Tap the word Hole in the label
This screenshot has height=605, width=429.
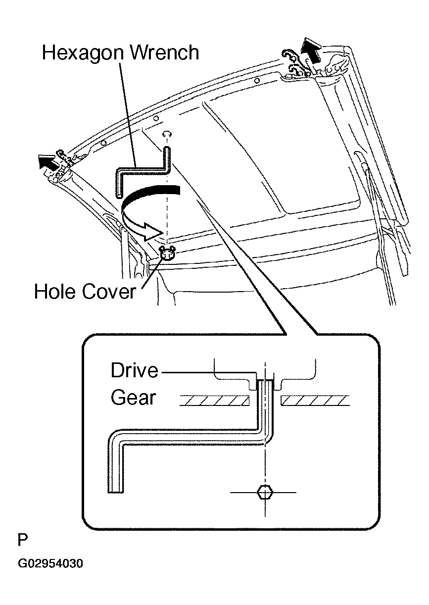pyautogui.click(x=54, y=292)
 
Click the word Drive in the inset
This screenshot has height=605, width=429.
pyautogui.click(x=134, y=370)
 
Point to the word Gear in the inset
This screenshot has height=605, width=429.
pyautogui.click(x=134, y=398)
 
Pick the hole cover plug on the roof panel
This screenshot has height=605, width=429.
pyautogui.click(x=167, y=253)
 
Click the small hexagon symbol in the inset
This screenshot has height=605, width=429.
pyautogui.click(x=266, y=493)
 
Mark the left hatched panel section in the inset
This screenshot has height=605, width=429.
pyautogui.click(x=214, y=401)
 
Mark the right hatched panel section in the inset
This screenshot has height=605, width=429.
pyautogui.click(x=315, y=401)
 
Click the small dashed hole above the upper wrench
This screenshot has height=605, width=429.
pyautogui.click(x=167, y=134)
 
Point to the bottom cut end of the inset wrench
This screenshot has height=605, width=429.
pyautogui.click(x=115, y=492)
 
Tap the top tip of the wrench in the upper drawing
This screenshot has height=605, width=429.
pyautogui.click(x=167, y=148)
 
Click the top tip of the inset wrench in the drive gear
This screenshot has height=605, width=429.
pyautogui.click(x=265, y=380)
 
